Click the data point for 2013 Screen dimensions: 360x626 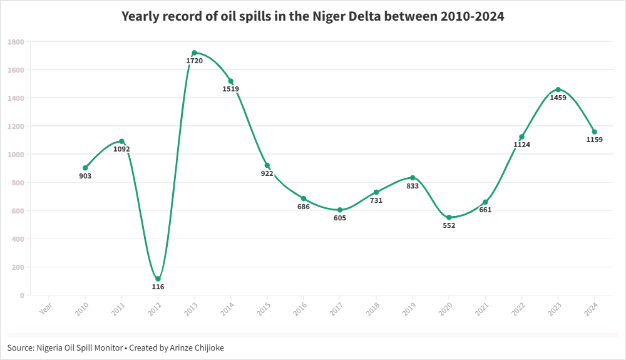click(195, 53)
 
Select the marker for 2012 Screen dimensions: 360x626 click(158, 279)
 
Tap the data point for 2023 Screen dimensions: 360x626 click(558, 90)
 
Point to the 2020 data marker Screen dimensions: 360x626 click(449, 217)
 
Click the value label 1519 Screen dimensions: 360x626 click(230, 89)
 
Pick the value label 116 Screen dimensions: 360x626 click(158, 287)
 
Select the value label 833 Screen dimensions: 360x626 click(413, 186)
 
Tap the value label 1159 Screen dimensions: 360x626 click(594, 140)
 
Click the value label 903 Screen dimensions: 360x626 click(85, 176)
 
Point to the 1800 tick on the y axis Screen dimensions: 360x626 click(16, 42)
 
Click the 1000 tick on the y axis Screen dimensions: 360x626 click(16, 155)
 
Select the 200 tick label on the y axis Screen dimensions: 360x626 click(18, 267)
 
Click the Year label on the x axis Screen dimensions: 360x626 click(46, 307)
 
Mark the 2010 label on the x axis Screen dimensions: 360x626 click(82, 307)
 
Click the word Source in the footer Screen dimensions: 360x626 click(21, 347)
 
